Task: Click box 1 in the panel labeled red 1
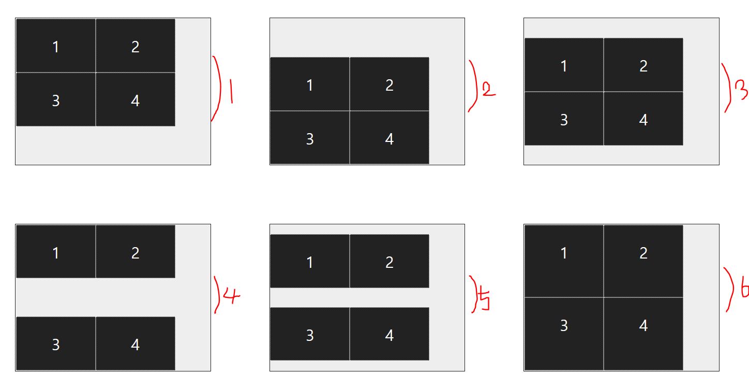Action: tap(56, 46)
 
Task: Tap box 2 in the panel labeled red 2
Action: tap(389, 84)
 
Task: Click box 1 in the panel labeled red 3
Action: tap(564, 65)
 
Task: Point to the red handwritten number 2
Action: tap(488, 91)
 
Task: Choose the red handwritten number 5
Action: tap(484, 300)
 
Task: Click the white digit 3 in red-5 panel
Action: tap(310, 335)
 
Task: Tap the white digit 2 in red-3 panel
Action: tap(643, 66)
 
